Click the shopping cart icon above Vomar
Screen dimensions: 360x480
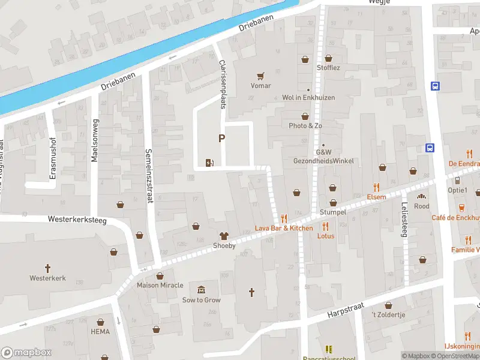click(260, 76)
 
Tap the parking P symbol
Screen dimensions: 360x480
click(221, 139)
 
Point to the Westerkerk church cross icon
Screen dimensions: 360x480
click(47, 268)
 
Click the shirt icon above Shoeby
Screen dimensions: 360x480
click(224, 236)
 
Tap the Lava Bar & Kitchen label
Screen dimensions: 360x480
click(284, 228)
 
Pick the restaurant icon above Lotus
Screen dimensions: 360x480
click(326, 226)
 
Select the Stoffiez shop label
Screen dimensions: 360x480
click(328, 68)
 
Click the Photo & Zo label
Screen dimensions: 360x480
click(305, 125)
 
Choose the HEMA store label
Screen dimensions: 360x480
click(100, 331)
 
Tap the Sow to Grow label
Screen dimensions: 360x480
click(202, 300)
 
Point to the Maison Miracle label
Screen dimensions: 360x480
click(160, 284)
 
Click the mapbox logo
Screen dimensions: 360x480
click(26, 353)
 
